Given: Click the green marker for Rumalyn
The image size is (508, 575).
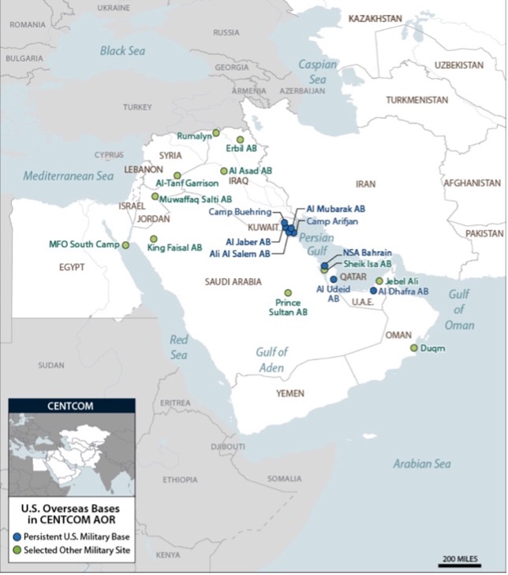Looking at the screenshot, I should coord(216,132).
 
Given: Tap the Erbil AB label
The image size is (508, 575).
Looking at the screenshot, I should coord(241,148).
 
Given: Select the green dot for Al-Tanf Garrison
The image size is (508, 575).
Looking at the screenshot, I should coord(177,175).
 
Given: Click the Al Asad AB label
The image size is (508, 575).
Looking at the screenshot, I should coord(251,170).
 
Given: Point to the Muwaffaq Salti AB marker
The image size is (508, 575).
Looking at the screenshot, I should coord(155,196).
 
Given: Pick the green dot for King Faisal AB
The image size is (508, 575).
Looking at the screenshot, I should coord(154,239).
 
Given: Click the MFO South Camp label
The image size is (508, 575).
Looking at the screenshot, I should coord(83,244).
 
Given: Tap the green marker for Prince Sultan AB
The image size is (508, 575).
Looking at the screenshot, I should coord(288,292).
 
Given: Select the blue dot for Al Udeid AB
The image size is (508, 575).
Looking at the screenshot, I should coord(333,279).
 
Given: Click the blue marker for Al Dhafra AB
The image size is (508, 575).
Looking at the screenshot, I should coord(374,291).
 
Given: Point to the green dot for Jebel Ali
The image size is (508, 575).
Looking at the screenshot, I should coord(379,280).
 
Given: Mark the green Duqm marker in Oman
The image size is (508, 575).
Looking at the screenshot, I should coord(413,347).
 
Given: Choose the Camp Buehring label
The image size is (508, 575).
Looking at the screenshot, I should coord(240,212).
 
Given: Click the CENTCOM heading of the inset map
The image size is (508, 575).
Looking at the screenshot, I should coord(72,406).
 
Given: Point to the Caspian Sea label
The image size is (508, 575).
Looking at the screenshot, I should coord(318,72).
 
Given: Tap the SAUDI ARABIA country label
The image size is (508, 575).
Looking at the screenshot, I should coord(233,281).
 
